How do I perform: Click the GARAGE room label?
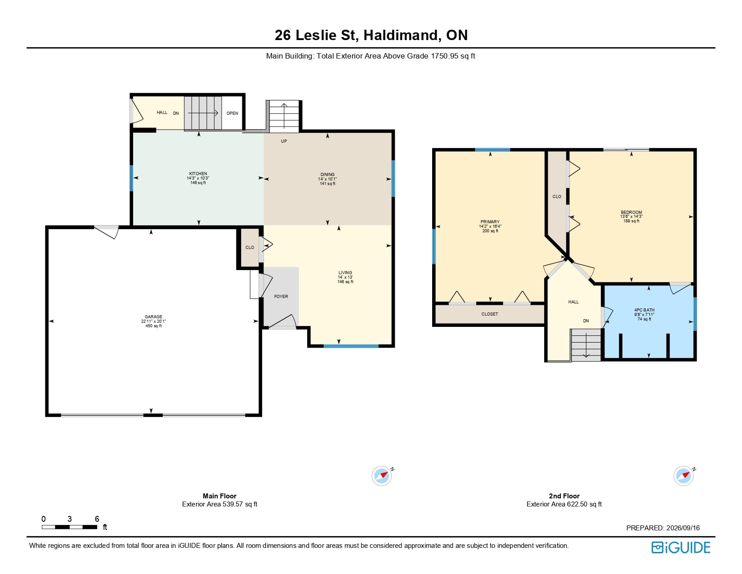[x=153, y=316]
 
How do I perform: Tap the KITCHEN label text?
[x=198, y=173]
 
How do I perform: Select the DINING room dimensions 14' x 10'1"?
[x=327, y=179]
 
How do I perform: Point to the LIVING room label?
[x=345, y=272]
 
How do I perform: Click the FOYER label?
[x=281, y=296]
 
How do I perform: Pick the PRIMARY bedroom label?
[x=490, y=221]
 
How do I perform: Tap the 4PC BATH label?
[x=644, y=310]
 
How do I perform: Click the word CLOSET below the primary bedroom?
[x=490, y=314]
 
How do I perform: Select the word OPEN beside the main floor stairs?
[x=232, y=113]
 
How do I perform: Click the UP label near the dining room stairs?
[x=284, y=141]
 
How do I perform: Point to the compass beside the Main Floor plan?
[x=382, y=475]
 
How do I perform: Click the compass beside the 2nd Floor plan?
[x=684, y=475]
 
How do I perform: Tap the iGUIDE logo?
[x=681, y=547]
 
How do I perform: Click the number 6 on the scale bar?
[x=97, y=519]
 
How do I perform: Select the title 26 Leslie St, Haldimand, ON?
[x=371, y=35]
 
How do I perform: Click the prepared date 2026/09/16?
[x=683, y=528]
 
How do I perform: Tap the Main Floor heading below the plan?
[x=219, y=496]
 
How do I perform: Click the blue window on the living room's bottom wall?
[x=351, y=346]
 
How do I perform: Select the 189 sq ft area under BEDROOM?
[x=631, y=221]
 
